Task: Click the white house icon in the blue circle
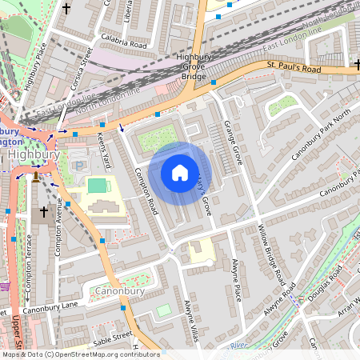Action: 180,171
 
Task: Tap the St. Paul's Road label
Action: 294,69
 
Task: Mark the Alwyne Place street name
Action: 235,279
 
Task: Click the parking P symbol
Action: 78,166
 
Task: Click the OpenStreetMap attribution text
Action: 80,354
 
